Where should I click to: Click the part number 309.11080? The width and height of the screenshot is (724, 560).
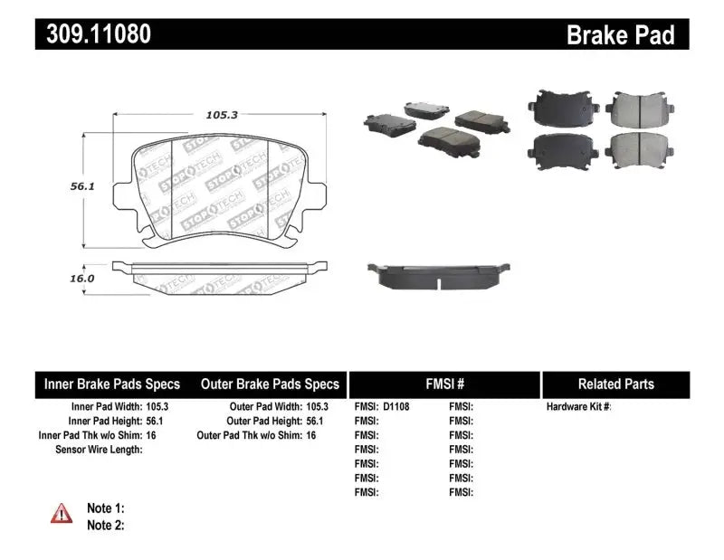[93, 34]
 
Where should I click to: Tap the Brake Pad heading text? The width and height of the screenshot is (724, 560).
[620, 35]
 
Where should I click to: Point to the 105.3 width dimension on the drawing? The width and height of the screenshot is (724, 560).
[214, 115]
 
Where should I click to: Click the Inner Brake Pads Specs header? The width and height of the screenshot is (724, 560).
[112, 384]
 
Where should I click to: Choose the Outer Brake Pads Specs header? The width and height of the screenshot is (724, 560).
[270, 384]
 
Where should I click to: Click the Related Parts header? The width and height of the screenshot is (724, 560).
[615, 384]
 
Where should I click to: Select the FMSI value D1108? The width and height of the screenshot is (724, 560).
[395, 407]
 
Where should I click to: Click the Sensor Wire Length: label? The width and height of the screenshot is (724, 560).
[99, 449]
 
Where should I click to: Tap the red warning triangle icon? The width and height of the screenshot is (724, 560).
[62, 514]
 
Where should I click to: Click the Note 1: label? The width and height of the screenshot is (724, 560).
[105, 508]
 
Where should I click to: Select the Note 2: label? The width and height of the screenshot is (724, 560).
[105, 525]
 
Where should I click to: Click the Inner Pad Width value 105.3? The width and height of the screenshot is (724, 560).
[157, 407]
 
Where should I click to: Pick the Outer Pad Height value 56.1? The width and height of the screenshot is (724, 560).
[312, 421]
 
